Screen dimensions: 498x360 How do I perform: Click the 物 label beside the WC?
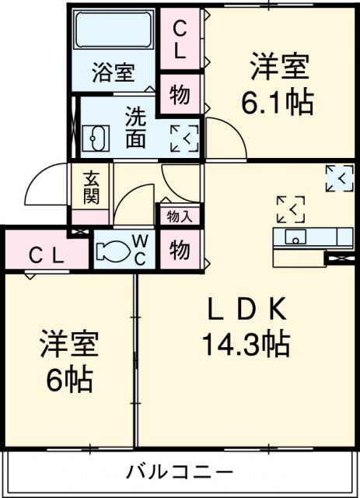pyautogui.click(x=180, y=250)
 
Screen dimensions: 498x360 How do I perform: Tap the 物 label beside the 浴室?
pyautogui.click(x=180, y=94)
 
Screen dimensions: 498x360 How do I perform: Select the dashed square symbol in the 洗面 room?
pyautogui.click(x=184, y=137)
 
